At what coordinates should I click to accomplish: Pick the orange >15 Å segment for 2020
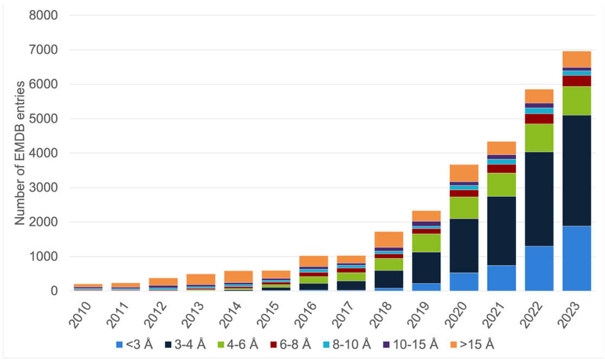(x=464, y=173)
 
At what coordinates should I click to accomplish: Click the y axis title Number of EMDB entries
(x=20, y=153)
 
